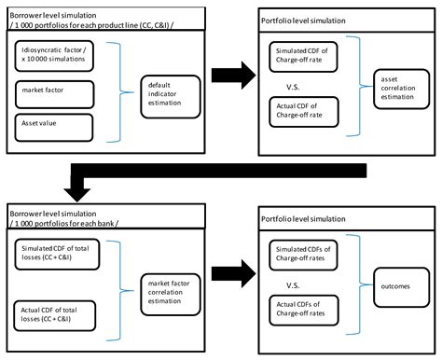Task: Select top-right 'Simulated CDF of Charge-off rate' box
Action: pyautogui.click(x=301, y=54)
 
